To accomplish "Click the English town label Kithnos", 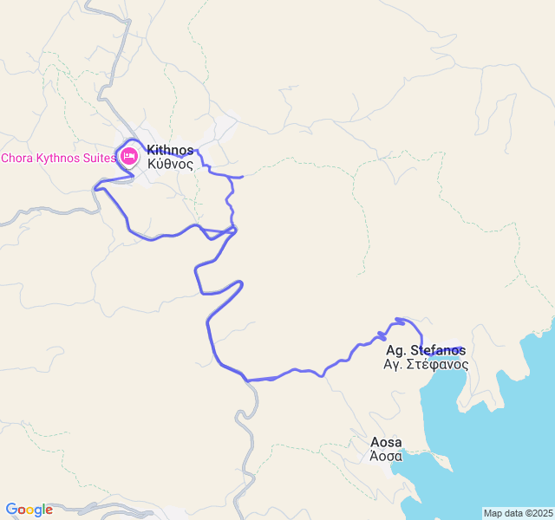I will [x=170, y=150].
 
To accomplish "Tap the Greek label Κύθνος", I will [x=170, y=164].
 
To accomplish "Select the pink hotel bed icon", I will [x=129, y=157].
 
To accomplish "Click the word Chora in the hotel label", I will [x=17, y=158].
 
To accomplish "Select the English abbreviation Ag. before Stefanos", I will [x=395, y=351].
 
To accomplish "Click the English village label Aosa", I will [x=386, y=442].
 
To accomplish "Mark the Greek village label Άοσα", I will [x=386, y=456].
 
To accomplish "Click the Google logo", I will [x=29, y=510].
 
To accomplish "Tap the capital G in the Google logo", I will [x=10, y=510].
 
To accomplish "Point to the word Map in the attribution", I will [x=493, y=513].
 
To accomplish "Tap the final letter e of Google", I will [x=49, y=510].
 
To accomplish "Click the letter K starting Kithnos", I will [x=152, y=150].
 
